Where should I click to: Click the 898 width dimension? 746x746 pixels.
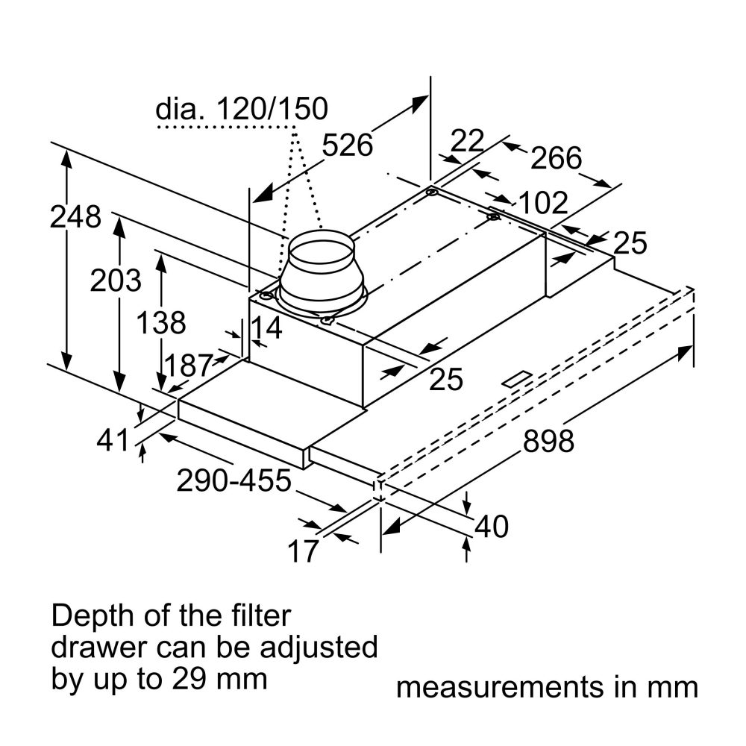(548, 441)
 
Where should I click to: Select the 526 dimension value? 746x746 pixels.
(348, 145)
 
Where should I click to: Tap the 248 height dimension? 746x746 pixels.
(75, 216)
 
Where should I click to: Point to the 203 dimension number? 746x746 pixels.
(116, 280)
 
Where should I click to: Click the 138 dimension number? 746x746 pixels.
(161, 322)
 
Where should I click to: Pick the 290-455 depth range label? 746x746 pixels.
(233, 480)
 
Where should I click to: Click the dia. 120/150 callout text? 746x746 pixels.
(242, 108)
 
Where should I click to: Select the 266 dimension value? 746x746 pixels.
(557, 158)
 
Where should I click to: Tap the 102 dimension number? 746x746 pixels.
(543, 203)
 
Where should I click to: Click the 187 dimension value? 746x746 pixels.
(188, 366)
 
